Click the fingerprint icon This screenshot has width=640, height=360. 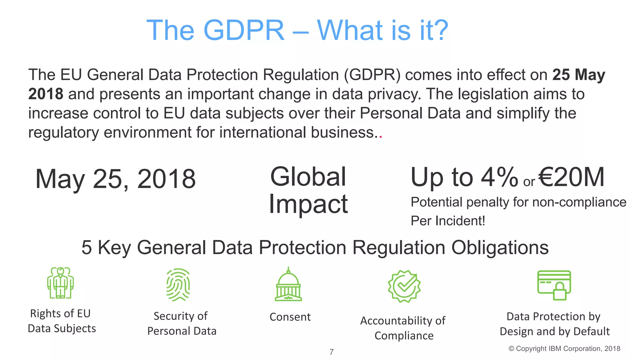tap(178, 284)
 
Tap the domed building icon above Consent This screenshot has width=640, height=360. tap(288, 284)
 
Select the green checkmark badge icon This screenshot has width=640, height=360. tap(404, 286)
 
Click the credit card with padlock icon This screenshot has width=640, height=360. tap(554, 285)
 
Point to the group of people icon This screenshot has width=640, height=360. tap(60, 283)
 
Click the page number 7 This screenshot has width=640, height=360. tap(332, 352)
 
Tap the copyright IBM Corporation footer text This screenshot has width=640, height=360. tap(564, 349)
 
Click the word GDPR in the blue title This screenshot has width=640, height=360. tap(244, 30)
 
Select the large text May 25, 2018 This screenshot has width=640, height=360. tap(116, 179)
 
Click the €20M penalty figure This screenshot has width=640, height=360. tap(572, 177)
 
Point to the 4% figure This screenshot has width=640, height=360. tap(499, 177)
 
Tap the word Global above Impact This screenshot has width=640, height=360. tap(308, 177)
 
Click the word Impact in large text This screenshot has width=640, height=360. tap(308, 204)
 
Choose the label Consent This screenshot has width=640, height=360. tap(290, 317)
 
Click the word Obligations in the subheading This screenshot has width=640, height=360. tap(500, 247)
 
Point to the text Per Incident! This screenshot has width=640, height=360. tap(448, 221)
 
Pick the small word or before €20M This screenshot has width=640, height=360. tap(529, 182)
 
